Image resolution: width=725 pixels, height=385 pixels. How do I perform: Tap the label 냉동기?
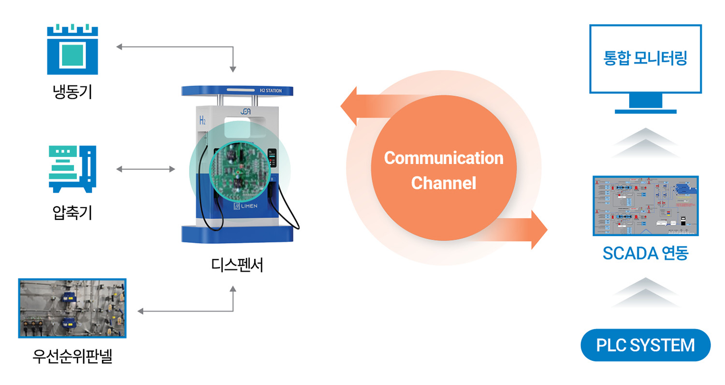(x=72, y=91)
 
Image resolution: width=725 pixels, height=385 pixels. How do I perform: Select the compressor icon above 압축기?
(x=72, y=169)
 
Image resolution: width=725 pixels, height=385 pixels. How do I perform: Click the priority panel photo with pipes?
(x=72, y=308)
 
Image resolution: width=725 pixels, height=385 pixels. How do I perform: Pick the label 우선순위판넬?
(x=72, y=357)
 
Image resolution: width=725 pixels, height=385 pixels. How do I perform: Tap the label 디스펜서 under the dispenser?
(x=237, y=265)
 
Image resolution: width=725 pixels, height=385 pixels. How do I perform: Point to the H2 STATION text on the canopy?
(x=271, y=90)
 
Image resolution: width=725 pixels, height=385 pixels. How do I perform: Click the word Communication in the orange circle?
(x=443, y=158)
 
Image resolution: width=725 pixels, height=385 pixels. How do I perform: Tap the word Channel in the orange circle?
(x=443, y=183)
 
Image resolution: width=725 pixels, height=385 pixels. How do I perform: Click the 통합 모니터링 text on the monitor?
(x=645, y=59)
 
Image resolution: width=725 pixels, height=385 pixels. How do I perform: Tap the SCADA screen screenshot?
(x=645, y=206)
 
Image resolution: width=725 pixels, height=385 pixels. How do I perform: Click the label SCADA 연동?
(x=645, y=253)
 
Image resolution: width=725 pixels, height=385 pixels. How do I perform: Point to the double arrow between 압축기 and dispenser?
(x=146, y=169)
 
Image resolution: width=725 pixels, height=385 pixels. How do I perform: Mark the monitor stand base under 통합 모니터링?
(x=645, y=111)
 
